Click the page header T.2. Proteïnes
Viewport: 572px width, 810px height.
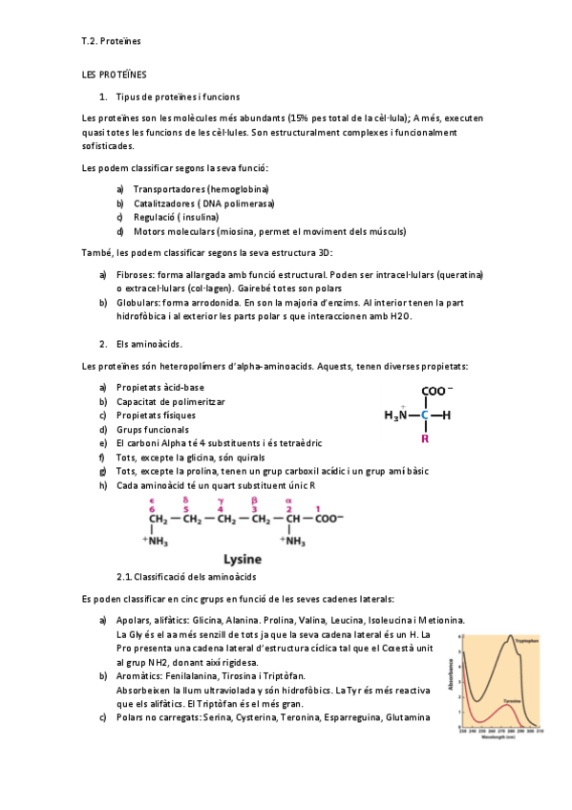[x=111, y=42]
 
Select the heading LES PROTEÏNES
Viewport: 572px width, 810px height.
[x=115, y=75]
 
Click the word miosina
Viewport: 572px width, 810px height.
[x=241, y=231]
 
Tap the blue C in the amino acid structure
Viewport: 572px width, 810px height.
[x=425, y=416]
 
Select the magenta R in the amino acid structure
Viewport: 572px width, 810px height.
[x=425, y=440]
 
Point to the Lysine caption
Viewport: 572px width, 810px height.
[x=250, y=559]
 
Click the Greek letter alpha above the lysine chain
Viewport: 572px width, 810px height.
[x=287, y=500]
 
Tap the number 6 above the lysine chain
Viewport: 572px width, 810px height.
[x=151, y=509]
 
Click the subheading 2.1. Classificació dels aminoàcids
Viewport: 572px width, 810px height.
[x=185, y=578]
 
